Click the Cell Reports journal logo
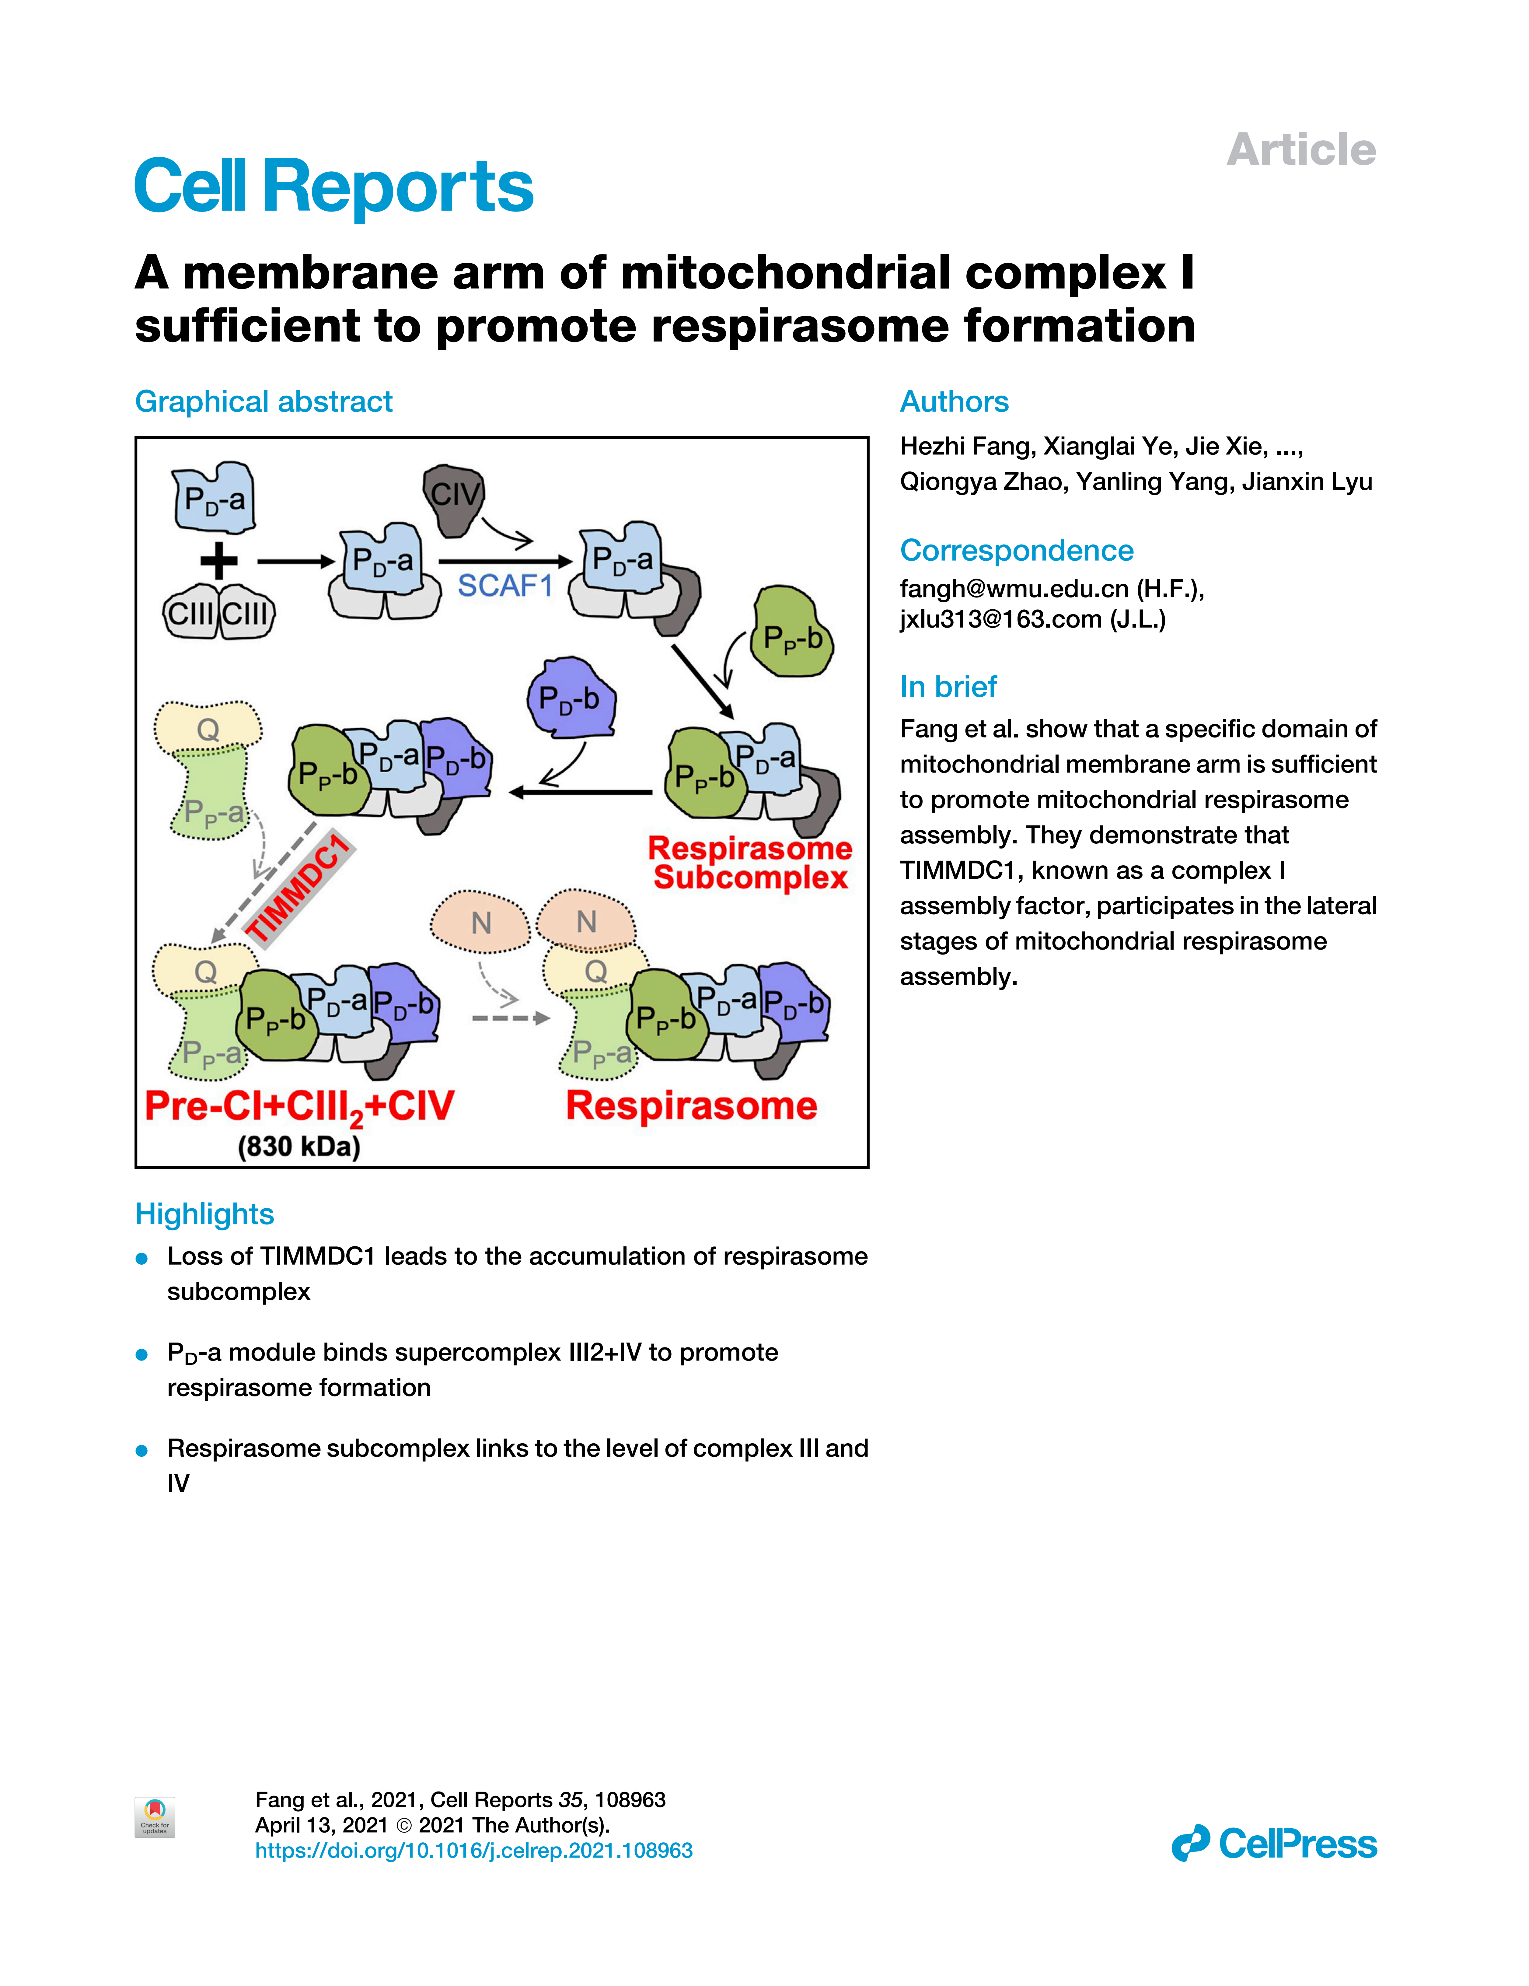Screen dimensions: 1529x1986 [333, 186]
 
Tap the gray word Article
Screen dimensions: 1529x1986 [1301, 150]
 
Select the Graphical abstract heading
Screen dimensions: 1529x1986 [264, 402]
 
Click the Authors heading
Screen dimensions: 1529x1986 [954, 402]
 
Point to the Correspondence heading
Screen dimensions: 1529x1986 [1016, 550]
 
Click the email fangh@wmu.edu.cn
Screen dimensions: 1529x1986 [1014, 589]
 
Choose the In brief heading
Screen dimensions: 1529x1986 [948, 687]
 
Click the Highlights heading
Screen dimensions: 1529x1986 [204, 1214]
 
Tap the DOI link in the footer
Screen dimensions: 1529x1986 [473, 1851]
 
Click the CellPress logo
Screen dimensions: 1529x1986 [1274, 1843]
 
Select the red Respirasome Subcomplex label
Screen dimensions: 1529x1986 [750, 862]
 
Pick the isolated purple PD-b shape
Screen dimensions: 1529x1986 [571, 698]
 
